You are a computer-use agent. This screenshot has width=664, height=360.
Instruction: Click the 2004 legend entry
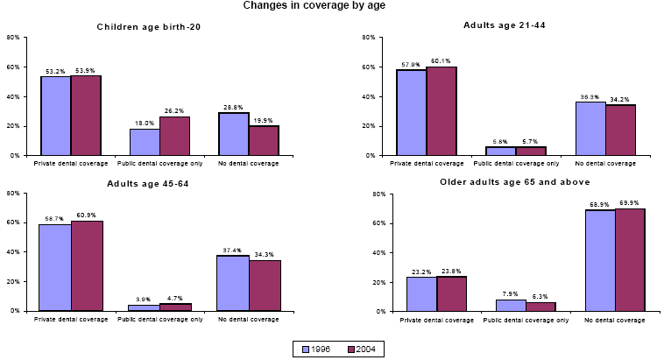coord(360,348)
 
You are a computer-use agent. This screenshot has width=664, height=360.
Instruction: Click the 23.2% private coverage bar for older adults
coord(421,294)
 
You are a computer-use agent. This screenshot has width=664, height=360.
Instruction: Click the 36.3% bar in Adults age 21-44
coord(590,128)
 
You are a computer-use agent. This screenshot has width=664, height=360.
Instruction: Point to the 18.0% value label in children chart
coord(144,124)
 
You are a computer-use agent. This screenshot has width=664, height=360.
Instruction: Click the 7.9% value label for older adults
coord(512,294)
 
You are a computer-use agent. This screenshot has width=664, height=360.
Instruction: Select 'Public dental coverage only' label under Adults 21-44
coord(516,163)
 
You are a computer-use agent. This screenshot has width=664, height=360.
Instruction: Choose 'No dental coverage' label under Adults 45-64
coord(250,319)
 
